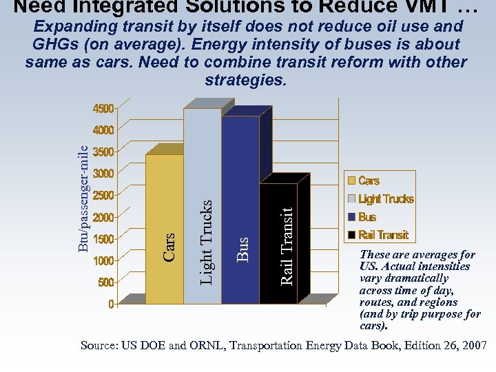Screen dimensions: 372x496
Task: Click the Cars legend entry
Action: pos(369,181)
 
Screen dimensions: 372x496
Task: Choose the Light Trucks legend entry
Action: pos(386,199)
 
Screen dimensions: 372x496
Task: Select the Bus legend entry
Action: pos(367,217)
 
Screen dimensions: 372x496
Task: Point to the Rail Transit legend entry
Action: pos(383,235)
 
